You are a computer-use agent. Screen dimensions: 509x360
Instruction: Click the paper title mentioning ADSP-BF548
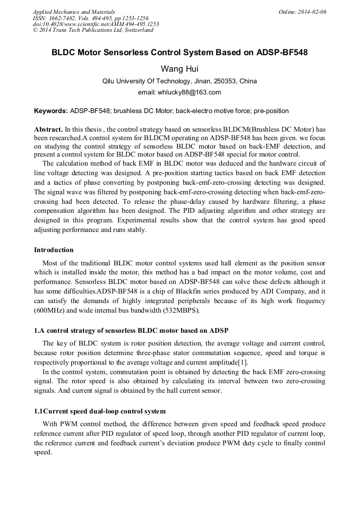pyautogui.click(x=179, y=53)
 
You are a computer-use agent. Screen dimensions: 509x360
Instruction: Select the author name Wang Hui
pyautogui.click(x=179, y=69)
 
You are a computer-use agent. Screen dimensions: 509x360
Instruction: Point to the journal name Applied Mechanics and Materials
pyautogui.click(x=74, y=12)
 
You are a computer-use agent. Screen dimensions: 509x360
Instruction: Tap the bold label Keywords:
pyautogui.click(x=51, y=111)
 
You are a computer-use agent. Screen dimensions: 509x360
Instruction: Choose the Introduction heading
pyautogui.click(x=54, y=250)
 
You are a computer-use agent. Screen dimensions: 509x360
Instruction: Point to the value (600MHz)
pyautogui.click(x=49, y=310)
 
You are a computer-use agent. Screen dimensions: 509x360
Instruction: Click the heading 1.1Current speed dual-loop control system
pyautogui.click(x=100, y=411)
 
